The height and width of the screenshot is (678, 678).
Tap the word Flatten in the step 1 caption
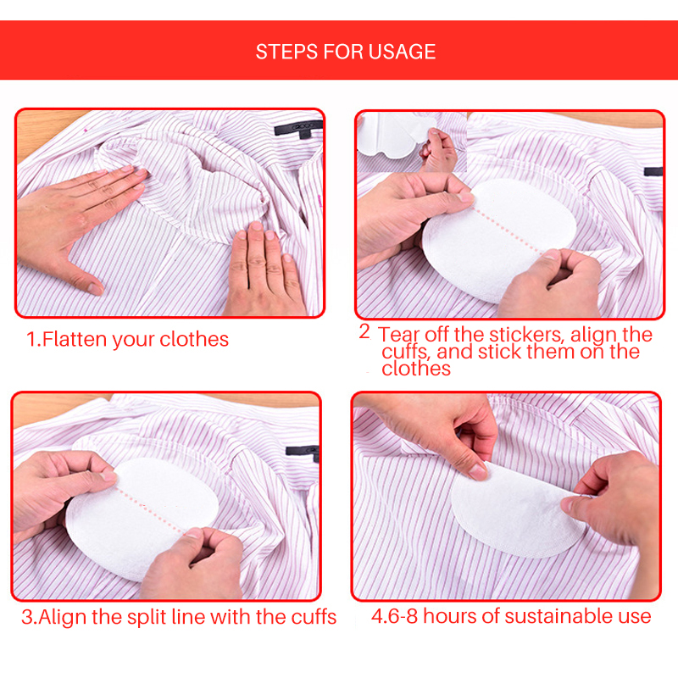tap(75, 339)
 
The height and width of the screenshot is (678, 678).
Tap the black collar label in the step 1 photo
tap(299, 129)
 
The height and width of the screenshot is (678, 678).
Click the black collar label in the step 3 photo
tap(303, 452)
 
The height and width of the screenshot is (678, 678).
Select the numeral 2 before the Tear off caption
tap(364, 331)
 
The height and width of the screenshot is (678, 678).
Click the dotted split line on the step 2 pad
tap(507, 229)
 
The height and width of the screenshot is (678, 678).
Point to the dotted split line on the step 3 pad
tap(150, 510)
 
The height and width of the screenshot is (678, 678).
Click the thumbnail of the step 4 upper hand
tap(477, 471)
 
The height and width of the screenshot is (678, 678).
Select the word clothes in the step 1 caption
tap(194, 339)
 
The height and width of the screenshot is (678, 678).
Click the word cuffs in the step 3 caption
tap(314, 617)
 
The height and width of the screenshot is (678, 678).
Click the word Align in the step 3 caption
tap(62, 618)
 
